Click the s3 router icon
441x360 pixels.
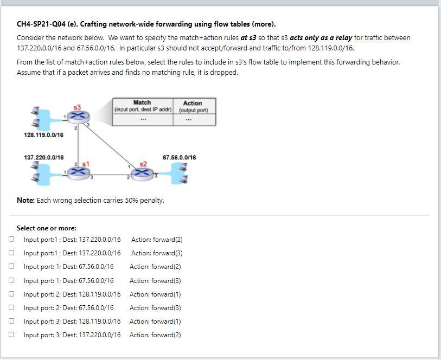click(x=77, y=116)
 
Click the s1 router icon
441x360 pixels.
click(x=79, y=172)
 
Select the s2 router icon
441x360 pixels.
click(x=143, y=173)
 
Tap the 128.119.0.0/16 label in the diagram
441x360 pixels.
click(x=43, y=135)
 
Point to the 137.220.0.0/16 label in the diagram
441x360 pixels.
click(x=43, y=158)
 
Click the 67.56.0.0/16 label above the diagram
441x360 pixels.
click(x=179, y=158)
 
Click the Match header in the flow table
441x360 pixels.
click(x=142, y=102)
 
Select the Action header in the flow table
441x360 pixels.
click(x=193, y=103)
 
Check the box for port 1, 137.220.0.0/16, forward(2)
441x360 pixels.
click(x=11, y=239)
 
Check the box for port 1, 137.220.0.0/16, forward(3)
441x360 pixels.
click(x=11, y=253)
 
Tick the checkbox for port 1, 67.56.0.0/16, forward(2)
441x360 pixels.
click(x=11, y=266)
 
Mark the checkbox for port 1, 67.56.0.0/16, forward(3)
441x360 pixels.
click(x=11, y=280)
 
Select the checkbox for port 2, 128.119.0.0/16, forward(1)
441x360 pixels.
click(x=11, y=294)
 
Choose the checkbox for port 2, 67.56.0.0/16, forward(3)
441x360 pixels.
click(x=11, y=307)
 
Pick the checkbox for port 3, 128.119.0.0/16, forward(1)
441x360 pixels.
click(x=11, y=321)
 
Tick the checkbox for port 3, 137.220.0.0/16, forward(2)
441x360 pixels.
click(x=11, y=335)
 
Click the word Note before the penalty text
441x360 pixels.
click(x=25, y=200)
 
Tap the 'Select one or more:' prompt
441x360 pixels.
click(x=47, y=228)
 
